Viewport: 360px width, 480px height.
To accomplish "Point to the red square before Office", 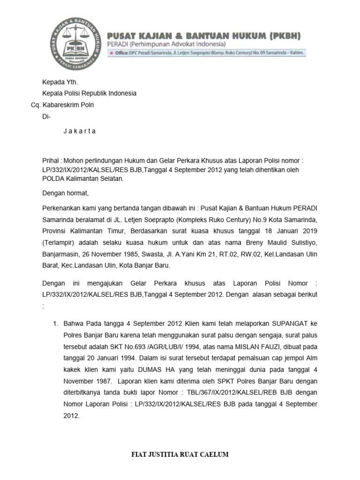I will (111, 53).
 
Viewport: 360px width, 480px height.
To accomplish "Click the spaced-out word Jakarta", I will (79, 131).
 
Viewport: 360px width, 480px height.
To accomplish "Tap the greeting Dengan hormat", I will (65, 193).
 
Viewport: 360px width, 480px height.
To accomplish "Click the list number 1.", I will (55, 323).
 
